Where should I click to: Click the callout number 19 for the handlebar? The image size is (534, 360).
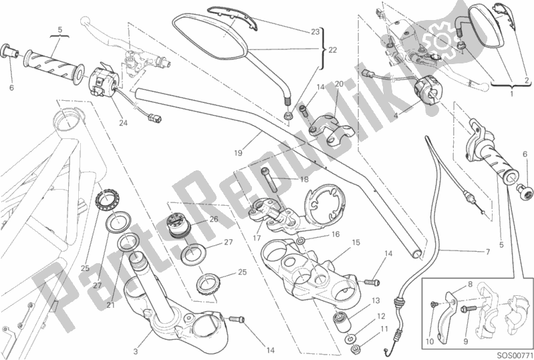[238, 153]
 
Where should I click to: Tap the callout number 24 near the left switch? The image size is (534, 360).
[123, 122]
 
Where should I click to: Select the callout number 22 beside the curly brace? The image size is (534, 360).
[332, 50]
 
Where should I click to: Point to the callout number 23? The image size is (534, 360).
[315, 31]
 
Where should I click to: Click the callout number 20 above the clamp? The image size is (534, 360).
[339, 84]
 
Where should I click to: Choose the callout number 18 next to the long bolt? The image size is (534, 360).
[304, 179]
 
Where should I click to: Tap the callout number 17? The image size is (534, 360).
[257, 238]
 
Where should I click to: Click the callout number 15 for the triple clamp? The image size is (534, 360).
[356, 242]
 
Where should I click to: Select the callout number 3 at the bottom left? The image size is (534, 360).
[136, 351]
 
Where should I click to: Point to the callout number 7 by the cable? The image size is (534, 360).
[488, 252]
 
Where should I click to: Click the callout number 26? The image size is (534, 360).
[213, 219]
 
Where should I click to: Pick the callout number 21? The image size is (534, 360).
[110, 305]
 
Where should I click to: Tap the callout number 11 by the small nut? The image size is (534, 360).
[384, 329]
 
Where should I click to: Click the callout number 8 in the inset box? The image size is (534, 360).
[470, 284]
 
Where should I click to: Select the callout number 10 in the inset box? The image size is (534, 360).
[430, 341]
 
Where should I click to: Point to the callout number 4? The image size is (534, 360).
[396, 116]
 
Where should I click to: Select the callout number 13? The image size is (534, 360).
[376, 301]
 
